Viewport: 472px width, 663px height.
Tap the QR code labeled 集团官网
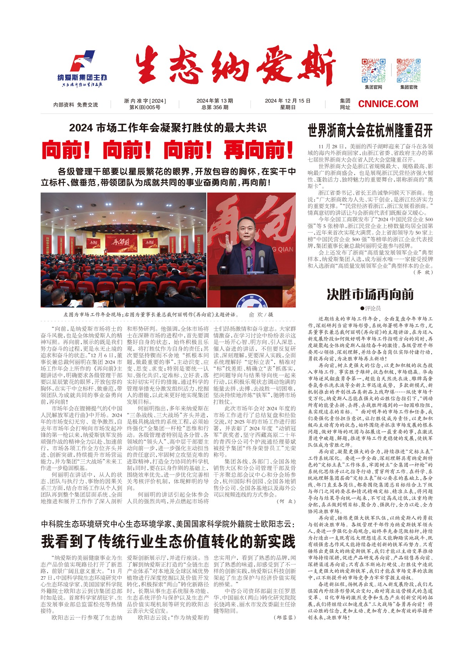[x=373, y=70]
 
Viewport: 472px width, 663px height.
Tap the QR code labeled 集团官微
[x=409, y=70]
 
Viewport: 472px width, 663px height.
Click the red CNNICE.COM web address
[x=388, y=104]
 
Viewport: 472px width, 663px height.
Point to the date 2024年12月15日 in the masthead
[x=287, y=101]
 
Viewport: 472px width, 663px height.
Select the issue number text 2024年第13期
[x=215, y=101]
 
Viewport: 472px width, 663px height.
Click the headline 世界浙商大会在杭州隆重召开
[x=370, y=131]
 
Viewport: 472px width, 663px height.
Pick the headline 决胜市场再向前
[x=370, y=295]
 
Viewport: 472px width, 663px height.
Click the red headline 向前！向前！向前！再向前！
[x=168, y=150]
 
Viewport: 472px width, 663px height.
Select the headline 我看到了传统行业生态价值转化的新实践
[x=168, y=541]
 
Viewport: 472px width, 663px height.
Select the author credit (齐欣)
[x=423, y=272]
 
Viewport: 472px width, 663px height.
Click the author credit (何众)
[x=286, y=501]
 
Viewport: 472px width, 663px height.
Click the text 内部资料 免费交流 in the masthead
[x=76, y=105]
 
